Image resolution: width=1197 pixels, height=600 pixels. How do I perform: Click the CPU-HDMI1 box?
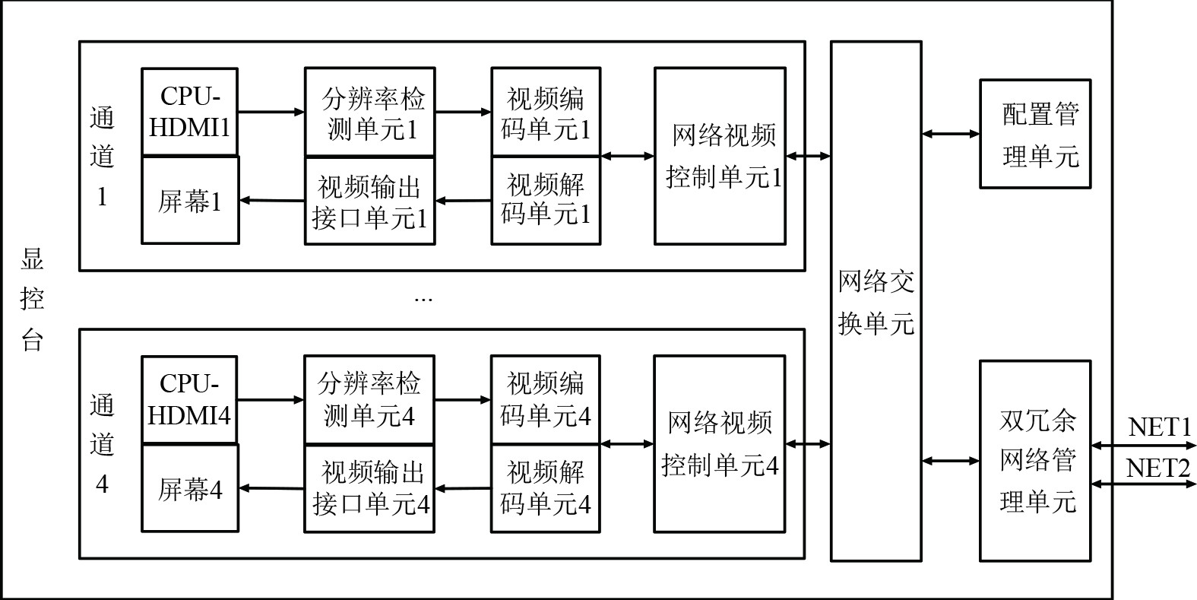pyautogui.click(x=189, y=112)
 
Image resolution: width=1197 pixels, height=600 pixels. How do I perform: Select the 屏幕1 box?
pyautogui.click(x=190, y=201)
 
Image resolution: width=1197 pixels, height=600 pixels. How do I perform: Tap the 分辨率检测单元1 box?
pyautogui.click(x=369, y=113)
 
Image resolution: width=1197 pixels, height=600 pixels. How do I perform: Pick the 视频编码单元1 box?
pyautogui.click(x=546, y=113)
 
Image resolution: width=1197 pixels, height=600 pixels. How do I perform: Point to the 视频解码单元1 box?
pyautogui.click(x=546, y=200)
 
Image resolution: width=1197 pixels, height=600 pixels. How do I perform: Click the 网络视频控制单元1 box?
pyautogui.click(x=720, y=157)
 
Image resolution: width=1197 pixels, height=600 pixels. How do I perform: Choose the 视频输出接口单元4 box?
pyautogui.click(x=369, y=489)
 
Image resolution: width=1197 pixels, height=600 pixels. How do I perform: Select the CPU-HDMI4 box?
pyautogui.click(x=189, y=399)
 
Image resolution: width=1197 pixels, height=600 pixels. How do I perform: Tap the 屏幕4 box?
pyautogui.click(x=190, y=488)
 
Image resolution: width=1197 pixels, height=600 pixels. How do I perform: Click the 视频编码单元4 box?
pyautogui.click(x=545, y=399)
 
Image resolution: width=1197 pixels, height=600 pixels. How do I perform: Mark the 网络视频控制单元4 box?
pyautogui.click(x=719, y=444)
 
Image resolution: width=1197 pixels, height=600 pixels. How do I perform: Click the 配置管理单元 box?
pyautogui.click(x=1035, y=134)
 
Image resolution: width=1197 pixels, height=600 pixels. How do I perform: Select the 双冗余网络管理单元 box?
pyautogui.click(x=1035, y=461)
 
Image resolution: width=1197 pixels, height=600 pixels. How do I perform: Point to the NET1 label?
pyautogui.click(x=1159, y=427)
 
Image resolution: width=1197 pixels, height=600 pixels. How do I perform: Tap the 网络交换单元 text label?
pyautogui.click(x=876, y=302)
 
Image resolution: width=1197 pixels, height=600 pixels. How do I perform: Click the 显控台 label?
pyautogui.click(x=32, y=300)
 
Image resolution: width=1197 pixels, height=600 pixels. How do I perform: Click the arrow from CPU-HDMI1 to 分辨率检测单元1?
pyautogui.click(x=271, y=113)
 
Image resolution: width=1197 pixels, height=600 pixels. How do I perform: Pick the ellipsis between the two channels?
pyautogui.click(x=423, y=300)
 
